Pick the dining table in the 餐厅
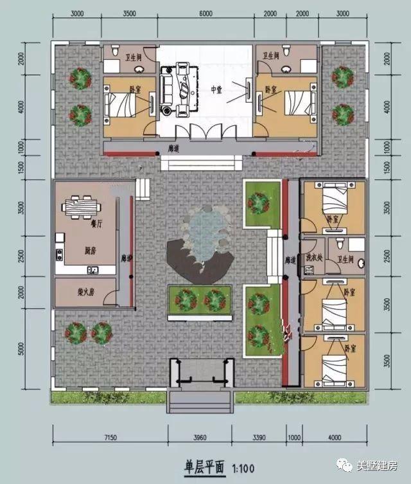(x=81, y=208)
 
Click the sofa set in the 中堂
(x=177, y=90)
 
